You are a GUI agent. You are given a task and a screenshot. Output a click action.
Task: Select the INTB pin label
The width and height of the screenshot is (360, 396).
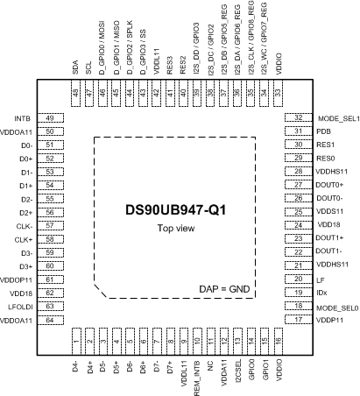tap(23, 117)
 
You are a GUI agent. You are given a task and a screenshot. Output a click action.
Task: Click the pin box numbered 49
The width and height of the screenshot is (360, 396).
tap(50, 117)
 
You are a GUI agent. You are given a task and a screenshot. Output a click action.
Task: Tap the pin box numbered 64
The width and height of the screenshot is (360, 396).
tap(50, 320)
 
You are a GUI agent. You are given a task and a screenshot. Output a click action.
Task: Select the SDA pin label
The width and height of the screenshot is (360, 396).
tap(75, 67)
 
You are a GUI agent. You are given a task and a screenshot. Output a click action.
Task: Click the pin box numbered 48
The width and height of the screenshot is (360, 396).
tap(75, 93)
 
